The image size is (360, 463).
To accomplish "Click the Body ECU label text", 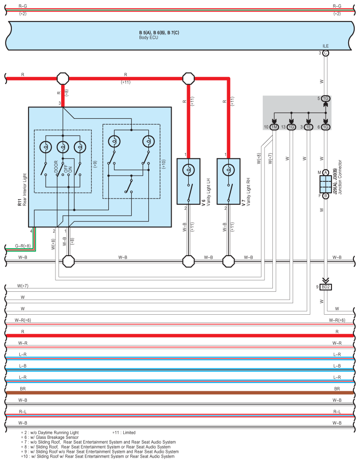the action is coord(149,38).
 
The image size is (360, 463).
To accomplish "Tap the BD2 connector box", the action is coord(326,287).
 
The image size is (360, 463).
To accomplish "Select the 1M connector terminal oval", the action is coord(274,127).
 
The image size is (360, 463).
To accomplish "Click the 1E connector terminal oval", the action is coord(309,127).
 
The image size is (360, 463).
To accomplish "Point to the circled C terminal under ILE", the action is coord(325,53).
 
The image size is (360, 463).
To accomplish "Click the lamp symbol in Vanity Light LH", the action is coord(188,170).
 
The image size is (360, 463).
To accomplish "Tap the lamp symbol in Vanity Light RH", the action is coord(228,170).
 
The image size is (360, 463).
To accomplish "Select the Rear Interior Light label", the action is coord(25,190).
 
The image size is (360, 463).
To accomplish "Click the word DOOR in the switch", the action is coord(56,166).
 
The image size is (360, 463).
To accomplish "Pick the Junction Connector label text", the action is coord(340,177).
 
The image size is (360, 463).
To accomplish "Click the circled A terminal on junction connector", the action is coord(325,173).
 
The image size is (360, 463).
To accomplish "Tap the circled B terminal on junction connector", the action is coord(325,196).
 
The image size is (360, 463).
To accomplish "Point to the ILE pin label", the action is coord(325,46).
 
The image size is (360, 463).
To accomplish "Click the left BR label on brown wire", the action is coord(23,389).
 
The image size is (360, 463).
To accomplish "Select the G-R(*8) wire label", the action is coord(23,246).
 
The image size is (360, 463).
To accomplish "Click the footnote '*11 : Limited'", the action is coord(124,433).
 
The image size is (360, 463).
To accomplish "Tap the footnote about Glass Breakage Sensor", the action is coord(50,437).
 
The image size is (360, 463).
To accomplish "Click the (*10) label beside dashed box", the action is coord(164,164).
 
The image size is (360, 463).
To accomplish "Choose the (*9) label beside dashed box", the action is coord(95,165).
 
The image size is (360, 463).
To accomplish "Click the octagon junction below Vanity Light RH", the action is coord(228,261).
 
